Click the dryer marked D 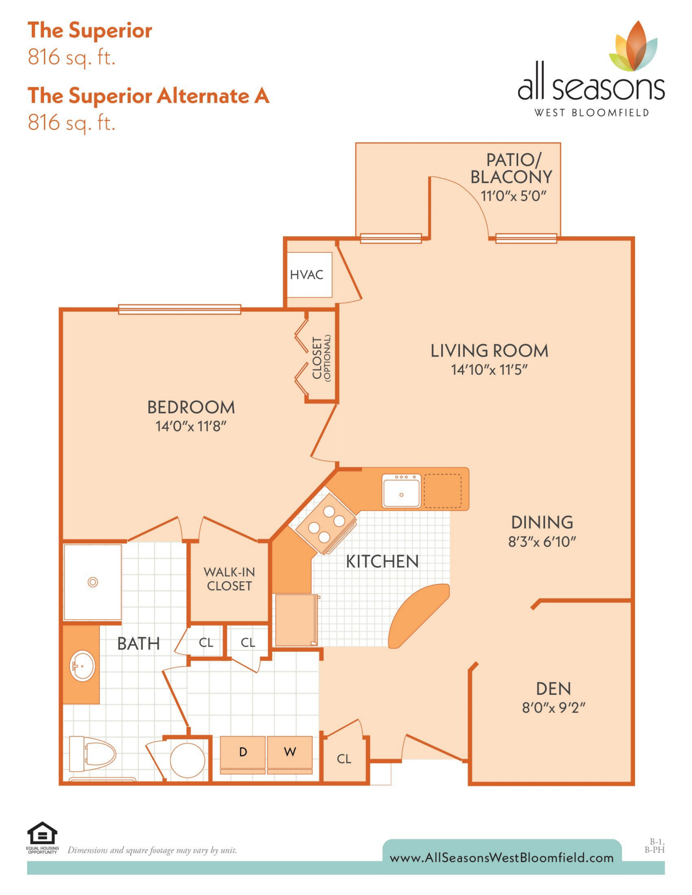coord(243,752)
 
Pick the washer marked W coord(290,752)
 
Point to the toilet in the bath coord(92,754)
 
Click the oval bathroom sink coord(82,666)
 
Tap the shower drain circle coord(93,582)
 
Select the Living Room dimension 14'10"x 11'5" coord(489,370)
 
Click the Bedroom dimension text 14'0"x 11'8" coord(191,426)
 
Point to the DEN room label coord(553,689)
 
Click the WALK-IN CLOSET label coord(229,579)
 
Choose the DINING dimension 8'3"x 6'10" coord(542,542)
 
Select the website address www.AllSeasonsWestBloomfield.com coord(502,858)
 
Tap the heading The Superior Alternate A coord(148,96)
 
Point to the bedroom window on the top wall coord(179,309)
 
